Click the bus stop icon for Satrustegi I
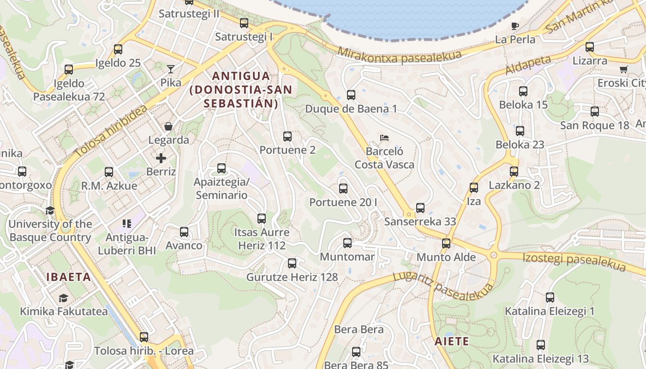244,23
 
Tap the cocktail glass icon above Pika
171,69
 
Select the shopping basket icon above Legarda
168,126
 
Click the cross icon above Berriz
161,158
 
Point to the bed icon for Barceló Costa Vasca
384,137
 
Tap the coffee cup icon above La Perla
515,26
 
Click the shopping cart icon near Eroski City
624,69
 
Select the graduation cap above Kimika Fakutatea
63,298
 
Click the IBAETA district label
68,277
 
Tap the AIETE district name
452,341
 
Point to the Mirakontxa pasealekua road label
400,54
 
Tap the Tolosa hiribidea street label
111,131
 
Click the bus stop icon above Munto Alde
446,244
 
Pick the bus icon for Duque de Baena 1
351,95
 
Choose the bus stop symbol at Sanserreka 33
420,208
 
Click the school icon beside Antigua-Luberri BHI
127,224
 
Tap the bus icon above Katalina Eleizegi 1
550,298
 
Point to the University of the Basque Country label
50,231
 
